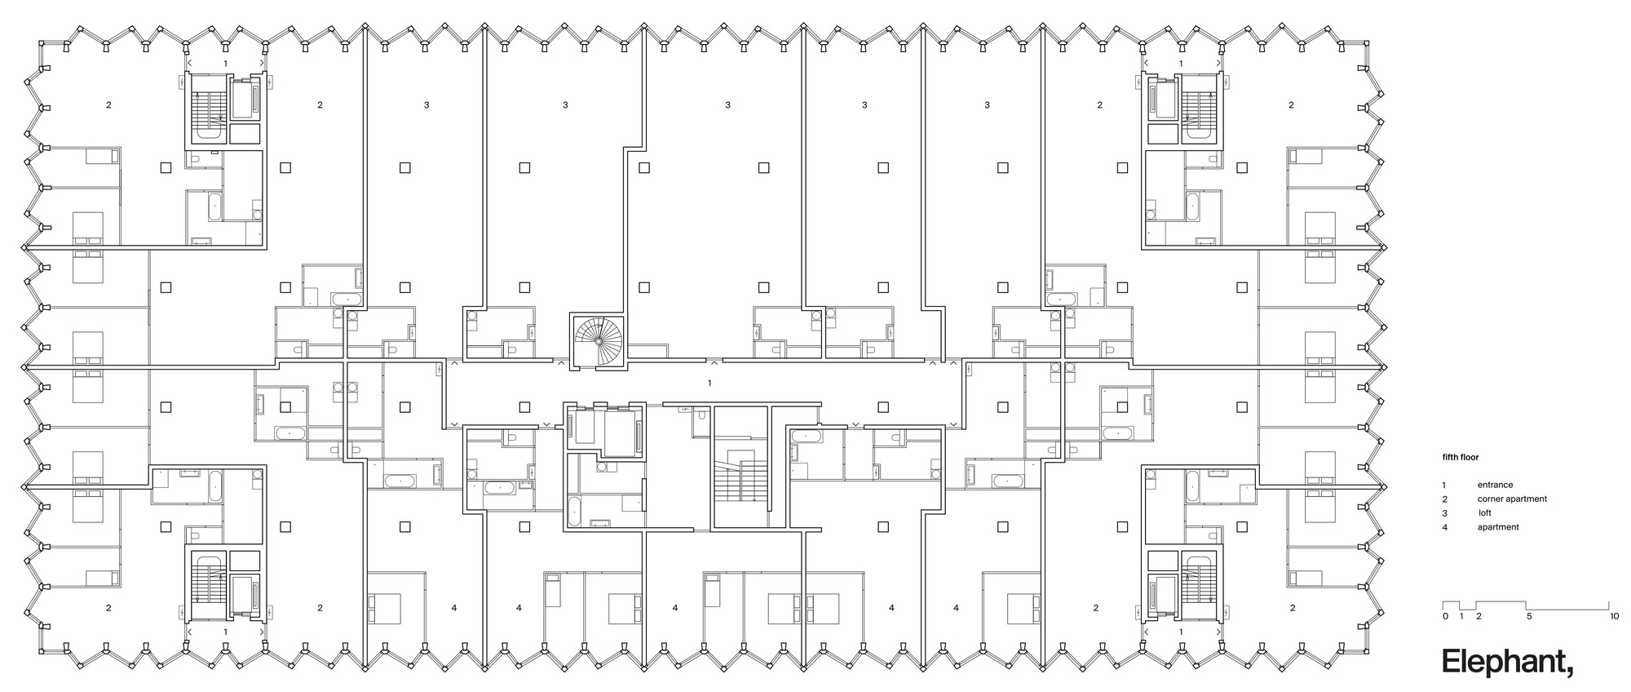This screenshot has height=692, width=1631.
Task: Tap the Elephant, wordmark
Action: [x=1508, y=662]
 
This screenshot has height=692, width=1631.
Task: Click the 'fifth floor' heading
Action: [x=1460, y=458]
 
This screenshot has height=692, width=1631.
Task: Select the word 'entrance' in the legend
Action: [x=1495, y=485]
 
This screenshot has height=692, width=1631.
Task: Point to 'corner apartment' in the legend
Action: [x=1511, y=499]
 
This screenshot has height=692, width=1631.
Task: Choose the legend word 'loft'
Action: [x=1485, y=513]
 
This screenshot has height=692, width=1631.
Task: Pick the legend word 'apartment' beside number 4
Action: [x=1498, y=527]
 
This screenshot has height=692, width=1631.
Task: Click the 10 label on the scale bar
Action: [x=1614, y=616]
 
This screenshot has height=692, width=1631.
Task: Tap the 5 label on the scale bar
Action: [x=1529, y=616]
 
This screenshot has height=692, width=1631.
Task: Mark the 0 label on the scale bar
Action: [x=1444, y=616]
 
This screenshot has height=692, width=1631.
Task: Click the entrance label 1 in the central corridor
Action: [x=709, y=383]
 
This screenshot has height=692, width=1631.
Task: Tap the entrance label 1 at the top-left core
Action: [x=226, y=63]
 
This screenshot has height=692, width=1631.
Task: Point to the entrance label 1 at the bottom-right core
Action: [x=1180, y=632]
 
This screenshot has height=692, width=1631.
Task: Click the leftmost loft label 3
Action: [x=427, y=104]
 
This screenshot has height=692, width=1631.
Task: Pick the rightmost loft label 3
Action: [x=987, y=104]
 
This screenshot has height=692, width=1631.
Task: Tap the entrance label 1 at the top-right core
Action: [x=1180, y=63]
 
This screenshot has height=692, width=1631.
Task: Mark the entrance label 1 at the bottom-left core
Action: [x=226, y=632]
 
